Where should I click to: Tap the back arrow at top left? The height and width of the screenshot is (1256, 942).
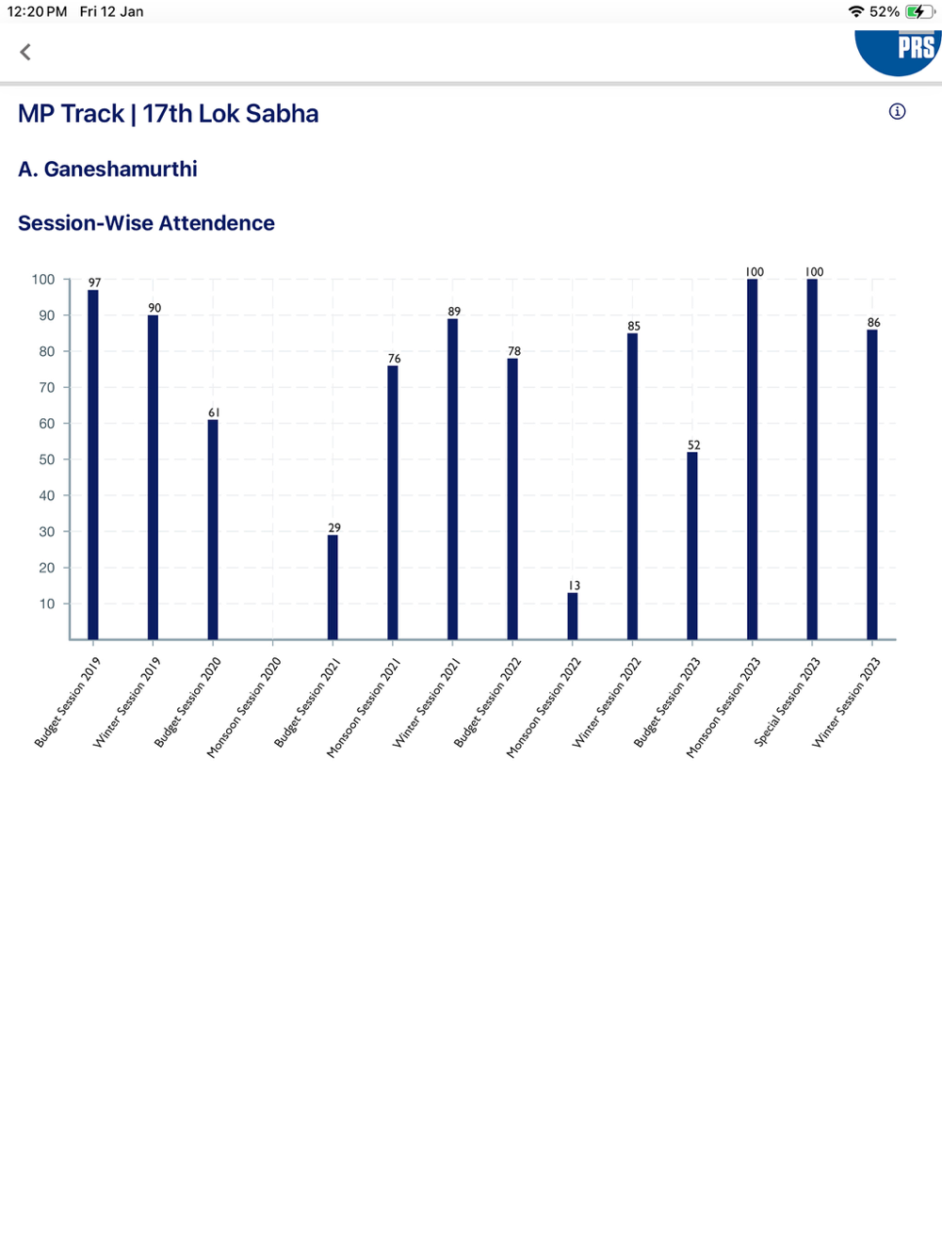click(x=25, y=52)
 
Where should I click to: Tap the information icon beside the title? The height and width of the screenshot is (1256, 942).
click(x=897, y=112)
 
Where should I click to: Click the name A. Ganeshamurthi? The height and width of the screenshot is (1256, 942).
click(x=107, y=169)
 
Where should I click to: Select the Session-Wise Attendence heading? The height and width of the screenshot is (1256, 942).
click(x=146, y=223)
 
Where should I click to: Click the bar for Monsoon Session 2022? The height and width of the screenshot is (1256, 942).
click(x=573, y=616)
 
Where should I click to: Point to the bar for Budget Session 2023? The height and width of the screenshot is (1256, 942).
click(x=692, y=545)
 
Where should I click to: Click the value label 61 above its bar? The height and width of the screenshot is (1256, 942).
click(x=214, y=412)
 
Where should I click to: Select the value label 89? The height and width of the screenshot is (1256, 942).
click(x=454, y=312)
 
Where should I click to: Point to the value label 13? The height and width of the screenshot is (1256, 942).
click(x=574, y=586)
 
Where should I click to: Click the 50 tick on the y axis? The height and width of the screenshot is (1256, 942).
click(x=46, y=459)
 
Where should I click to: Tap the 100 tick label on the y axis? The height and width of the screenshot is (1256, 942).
click(x=43, y=280)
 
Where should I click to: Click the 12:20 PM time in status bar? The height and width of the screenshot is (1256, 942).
click(x=37, y=11)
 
